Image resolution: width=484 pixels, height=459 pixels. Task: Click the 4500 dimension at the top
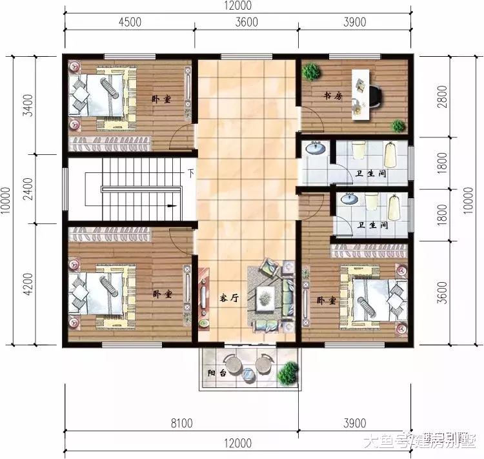click(x=130, y=22)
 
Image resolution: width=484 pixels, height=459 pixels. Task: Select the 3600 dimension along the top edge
click(x=246, y=22)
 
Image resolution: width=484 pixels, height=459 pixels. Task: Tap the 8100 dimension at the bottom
click(x=183, y=423)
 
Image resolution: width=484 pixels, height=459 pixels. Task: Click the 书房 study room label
click(x=333, y=96)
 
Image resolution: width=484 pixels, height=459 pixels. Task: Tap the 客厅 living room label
click(x=229, y=298)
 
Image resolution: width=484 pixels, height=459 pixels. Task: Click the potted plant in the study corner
click(x=312, y=71)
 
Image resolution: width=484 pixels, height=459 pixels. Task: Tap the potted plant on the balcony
click(x=288, y=372)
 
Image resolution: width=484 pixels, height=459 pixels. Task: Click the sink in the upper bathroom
click(x=316, y=150)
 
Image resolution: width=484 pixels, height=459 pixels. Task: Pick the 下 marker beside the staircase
click(x=191, y=172)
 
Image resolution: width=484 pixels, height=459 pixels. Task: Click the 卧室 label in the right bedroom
click(x=326, y=300)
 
